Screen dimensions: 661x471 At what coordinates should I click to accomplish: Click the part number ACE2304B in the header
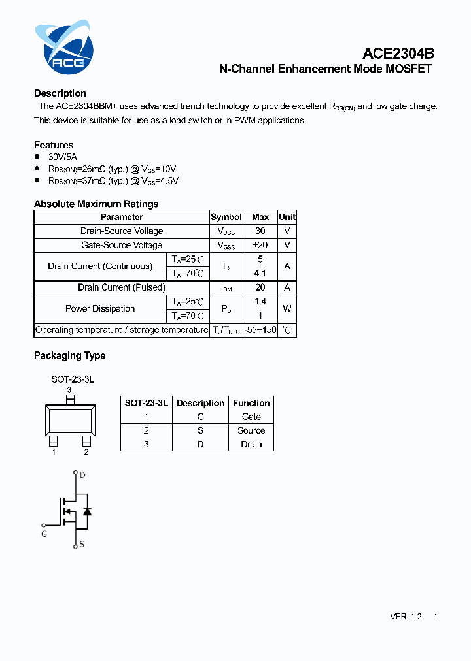pyautogui.click(x=398, y=54)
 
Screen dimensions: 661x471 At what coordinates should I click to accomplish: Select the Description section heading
pyautogui.click(x=60, y=93)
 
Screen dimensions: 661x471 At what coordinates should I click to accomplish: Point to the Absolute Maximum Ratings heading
pyautogui.click(x=96, y=204)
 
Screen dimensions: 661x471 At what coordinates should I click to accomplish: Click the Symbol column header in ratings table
pyautogui.click(x=226, y=217)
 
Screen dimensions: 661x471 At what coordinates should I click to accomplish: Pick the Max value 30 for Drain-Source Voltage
pyautogui.click(x=260, y=231)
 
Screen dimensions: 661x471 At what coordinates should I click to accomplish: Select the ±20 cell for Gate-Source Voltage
pyautogui.click(x=260, y=245)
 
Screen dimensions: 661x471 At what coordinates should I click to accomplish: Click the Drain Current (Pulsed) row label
pyautogui.click(x=121, y=287)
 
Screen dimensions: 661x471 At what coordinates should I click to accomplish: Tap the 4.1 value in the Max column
pyautogui.click(x=260, y=273)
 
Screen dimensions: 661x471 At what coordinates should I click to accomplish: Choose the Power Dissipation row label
pyautogui.click(x=100, y=308)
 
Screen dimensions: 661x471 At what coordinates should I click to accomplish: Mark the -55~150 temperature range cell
pyautogui.click(x=260, y=330)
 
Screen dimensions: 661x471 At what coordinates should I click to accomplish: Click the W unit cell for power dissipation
pyautogui.click(x=287, y=308)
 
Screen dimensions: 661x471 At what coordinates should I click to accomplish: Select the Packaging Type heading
pyautogui.click(x=69, y=355)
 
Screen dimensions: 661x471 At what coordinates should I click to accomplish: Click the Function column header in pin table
pyautogui.click(x=251, y=403)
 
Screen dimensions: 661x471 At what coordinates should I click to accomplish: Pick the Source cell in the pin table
pyautogui.click(x=251, y=430)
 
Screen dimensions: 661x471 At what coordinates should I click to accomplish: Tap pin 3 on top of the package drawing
pyautogui.click(x=70, y=398)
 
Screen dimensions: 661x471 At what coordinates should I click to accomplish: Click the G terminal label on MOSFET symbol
pyautogui.click(x=44, y=534)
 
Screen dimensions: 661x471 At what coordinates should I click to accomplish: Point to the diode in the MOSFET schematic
pyautogui.click(x=87, y=511)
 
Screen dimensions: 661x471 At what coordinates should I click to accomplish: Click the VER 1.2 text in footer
pyautogui.click(x=406, y=617)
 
